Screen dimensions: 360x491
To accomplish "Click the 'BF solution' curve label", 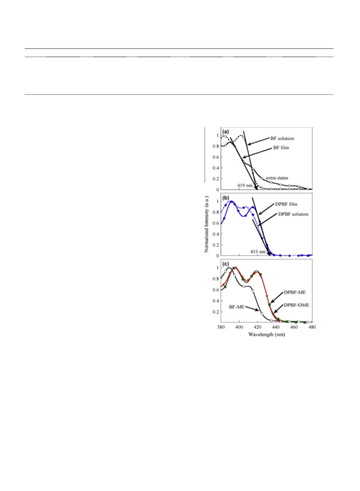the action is click(x=282, y=139).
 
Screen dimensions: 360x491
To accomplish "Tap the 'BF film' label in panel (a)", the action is click(x=281, y=147).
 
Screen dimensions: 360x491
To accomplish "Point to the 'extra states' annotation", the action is click(x=277, y=178).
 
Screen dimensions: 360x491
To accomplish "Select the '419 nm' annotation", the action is click(x=245, y=185).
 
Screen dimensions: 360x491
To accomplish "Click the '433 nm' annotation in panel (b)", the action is click(x=258, y=251).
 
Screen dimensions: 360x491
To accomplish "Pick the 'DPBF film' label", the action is click(x=286, y=204).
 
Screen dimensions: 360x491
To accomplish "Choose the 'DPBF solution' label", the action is click(x=293, y=214).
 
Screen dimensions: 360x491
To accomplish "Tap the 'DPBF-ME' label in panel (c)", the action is click(x=294, y=292).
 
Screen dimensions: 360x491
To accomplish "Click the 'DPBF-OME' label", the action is click(x=296, y=305).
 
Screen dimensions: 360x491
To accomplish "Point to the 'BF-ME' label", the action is click(x=236, y=307).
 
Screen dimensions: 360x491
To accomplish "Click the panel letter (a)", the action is click(x=225, y=132).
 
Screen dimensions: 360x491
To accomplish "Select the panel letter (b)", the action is click(x=225, y=198).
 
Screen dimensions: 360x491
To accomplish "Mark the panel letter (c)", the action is click(x=225, y=264).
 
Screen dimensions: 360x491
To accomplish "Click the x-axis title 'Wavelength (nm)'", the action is click(x=267, y=335).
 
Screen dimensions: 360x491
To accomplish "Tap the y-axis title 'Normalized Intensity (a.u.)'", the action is click(x=207, y=224).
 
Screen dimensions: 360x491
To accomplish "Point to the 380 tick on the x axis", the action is click(x=220, y=327).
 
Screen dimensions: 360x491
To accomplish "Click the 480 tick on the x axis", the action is click(x=312, y=327).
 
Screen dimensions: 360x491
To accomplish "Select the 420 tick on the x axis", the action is click(x=257, y=327).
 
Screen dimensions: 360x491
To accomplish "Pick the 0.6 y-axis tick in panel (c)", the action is click(x=216, y=289).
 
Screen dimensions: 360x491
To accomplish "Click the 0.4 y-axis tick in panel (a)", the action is click(x=216, y=168).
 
